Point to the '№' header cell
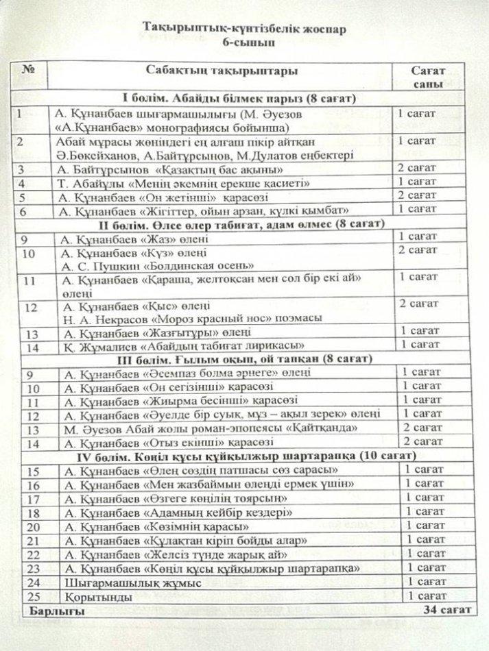[x=29, y=71]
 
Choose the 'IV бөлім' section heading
[x=239, y=456]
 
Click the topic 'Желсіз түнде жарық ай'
[x=175, y=554]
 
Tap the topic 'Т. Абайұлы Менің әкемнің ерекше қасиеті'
[x=185, y=184]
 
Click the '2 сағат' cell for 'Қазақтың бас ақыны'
[x=418, y=169]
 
